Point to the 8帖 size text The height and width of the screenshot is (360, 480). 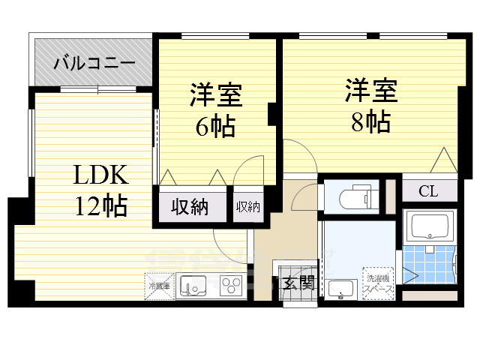click(x=370, y=121)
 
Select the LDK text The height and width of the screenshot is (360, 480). click(x=100, y=176)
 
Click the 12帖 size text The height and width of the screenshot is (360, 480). click(x=100, y=205)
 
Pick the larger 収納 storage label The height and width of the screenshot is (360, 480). click(x=190, y=208)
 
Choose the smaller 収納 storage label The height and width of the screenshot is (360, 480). click(x=247, y=207)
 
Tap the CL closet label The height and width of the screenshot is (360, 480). click(x=428, y=190)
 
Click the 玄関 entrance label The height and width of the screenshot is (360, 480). click(x=298, y=283)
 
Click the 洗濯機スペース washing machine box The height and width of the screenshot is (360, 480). click(x=378, y=283)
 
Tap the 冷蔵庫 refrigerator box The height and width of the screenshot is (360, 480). click(x=158, y=286)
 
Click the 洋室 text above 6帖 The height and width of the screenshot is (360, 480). click(x=215, y=97)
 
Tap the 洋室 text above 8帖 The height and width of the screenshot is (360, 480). click(x=370, y=91)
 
